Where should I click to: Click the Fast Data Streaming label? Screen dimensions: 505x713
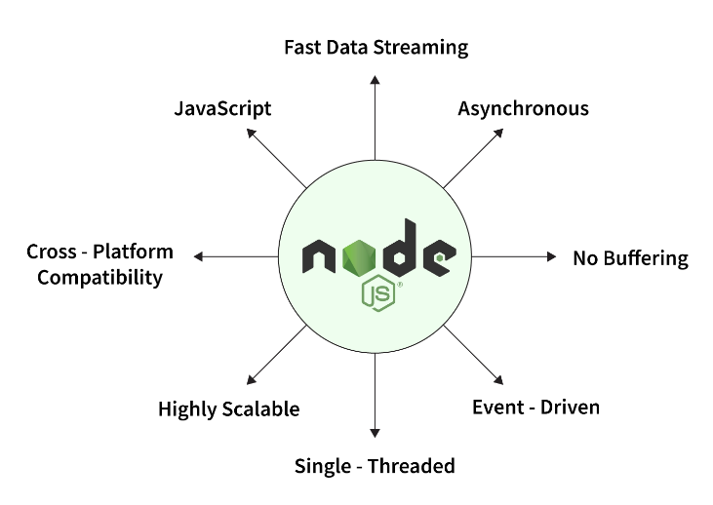[376, 47]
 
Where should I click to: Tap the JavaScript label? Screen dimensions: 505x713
[222, 108]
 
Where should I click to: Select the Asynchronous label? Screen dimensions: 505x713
[523, 108]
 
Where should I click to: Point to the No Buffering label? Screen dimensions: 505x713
[630, 258]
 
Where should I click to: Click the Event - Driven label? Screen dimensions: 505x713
[535, 407]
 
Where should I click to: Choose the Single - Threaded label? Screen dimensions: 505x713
[375, 466]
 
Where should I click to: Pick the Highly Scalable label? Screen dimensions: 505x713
[228, 409]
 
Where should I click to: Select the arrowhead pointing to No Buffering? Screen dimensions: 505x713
[550, 257]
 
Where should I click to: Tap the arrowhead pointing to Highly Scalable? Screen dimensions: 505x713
[252, 380]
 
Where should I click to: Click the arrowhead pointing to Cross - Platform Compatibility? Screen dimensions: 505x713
[199, 257]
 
